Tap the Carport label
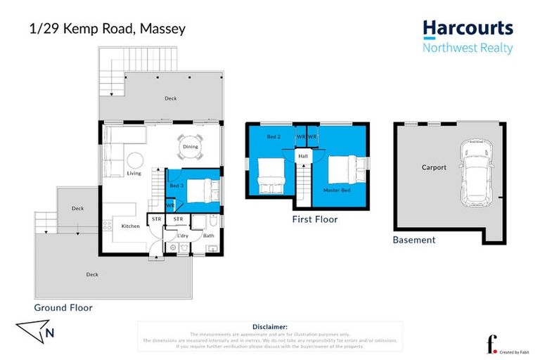point(434,167)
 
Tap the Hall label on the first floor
point(303,156)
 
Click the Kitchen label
point(131,226)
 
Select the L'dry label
point(182,236)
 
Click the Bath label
point(208,236)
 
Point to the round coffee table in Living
point(134,159)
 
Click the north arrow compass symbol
point(35,332)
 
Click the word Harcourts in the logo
point(468,29)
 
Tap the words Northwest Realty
point(468,48)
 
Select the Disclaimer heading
point(269,327)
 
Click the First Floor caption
point(314,219)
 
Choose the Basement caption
point(414,240)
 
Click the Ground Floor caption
point(63,307)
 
